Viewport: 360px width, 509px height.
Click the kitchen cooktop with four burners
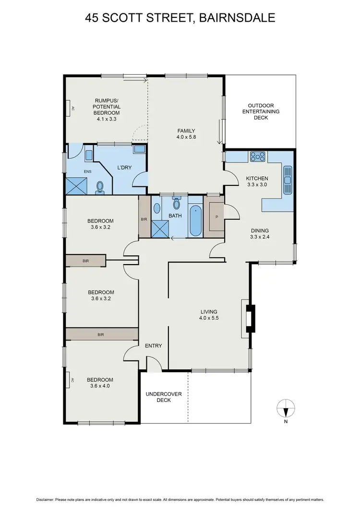point(257,156)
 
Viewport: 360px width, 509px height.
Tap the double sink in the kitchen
point(288,180)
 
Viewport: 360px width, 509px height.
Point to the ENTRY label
point(153,346)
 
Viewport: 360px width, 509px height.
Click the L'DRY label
point(125,168)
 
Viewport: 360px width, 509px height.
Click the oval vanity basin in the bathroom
point(156,208)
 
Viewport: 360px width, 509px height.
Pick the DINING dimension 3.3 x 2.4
point(259,237)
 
